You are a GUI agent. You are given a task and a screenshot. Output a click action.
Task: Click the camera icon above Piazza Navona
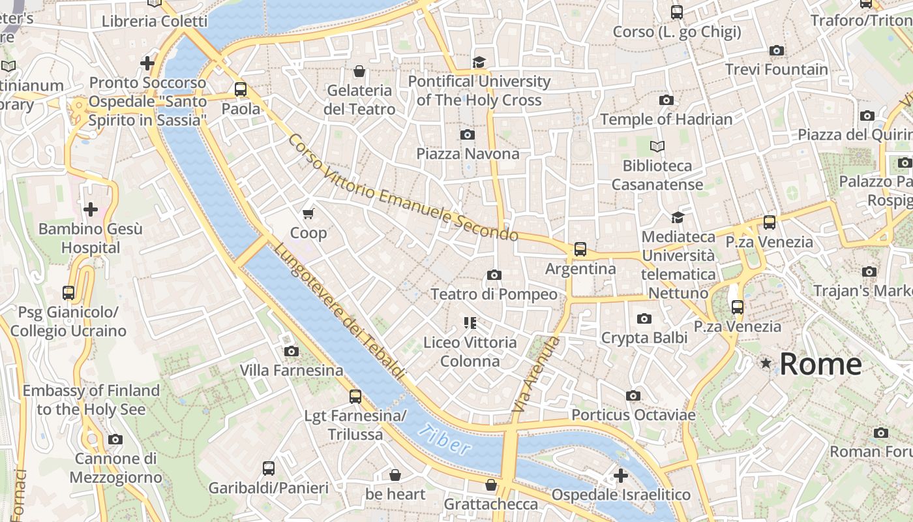point(467,134)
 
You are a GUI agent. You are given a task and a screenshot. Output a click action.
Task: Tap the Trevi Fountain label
point(776,69)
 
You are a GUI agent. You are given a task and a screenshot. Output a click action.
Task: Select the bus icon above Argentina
point(580,249)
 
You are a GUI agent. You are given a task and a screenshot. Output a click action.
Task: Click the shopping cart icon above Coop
point(308,213)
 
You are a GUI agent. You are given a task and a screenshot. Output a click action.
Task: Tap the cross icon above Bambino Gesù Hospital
point(91,209)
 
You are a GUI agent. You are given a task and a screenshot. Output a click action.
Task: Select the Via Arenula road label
point(536,375)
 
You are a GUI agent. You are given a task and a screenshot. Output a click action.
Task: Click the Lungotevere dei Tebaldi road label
point(338,311)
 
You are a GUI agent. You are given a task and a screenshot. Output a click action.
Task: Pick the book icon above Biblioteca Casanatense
point(657,146)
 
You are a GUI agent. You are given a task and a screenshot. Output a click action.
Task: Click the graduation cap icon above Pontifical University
point(479,62)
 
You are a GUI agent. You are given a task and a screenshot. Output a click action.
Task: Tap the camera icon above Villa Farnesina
point(292,352)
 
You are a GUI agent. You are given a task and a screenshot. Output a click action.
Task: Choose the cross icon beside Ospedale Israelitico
point(621,475)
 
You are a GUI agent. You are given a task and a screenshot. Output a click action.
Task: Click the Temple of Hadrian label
point(666,119)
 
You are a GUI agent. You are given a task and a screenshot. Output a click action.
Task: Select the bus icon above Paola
point(241,89)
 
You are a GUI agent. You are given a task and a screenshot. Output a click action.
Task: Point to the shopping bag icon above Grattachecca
point(491,485)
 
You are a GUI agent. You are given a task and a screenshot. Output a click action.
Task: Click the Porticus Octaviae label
point(633,415)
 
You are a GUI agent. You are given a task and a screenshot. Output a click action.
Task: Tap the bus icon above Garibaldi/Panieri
point(268,468)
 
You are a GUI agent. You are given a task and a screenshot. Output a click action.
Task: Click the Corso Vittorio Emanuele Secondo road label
point(403,189)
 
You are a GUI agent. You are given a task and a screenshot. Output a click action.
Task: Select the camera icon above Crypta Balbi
point(644,318)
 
